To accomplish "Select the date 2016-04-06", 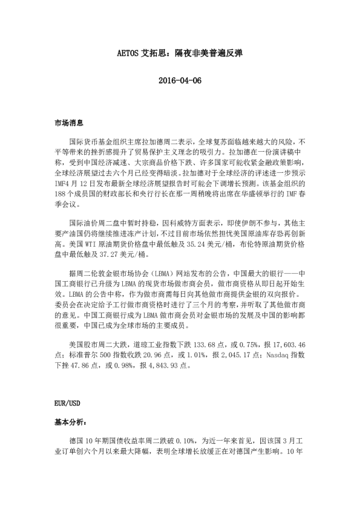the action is point(179,82).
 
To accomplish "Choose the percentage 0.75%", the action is point(258,343).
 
